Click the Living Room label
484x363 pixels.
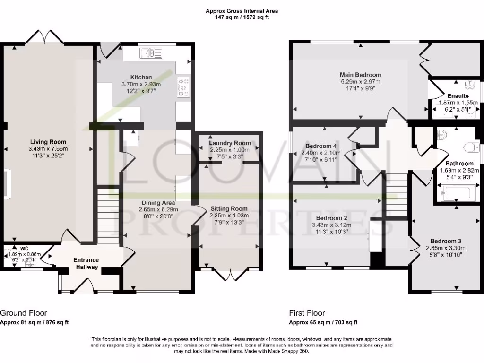tap(48, 142)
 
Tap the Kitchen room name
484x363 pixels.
tap(141, 77)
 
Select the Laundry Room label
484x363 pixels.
tap(230, 143)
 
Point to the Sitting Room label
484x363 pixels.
tap(229, 208)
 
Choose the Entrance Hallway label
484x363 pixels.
tap(86, 263)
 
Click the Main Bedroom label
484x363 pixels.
tap(361, 75)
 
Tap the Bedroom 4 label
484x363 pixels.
tap(321, 146)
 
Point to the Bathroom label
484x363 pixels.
tap(456, 164)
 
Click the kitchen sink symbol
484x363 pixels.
tap(152, 52)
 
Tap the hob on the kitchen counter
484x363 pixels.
tap(183, 88)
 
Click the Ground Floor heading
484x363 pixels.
tap(24, 313)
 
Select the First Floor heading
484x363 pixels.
tap(307, 313)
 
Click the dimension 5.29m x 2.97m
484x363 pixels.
tap(361, 82)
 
